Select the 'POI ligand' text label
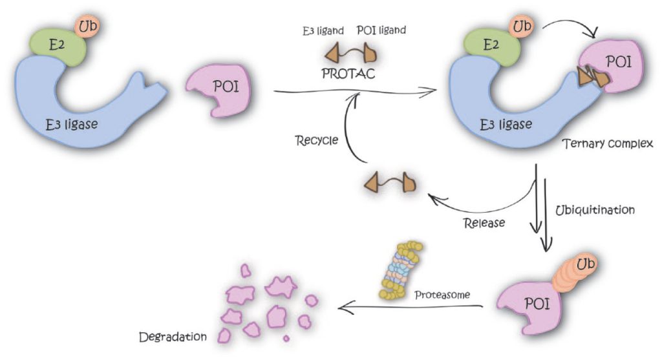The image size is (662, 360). pos(381,30)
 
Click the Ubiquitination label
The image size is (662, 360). pos(595,210)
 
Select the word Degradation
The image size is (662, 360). pos(172,337)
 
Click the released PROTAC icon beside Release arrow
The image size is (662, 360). pos(389,184)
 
